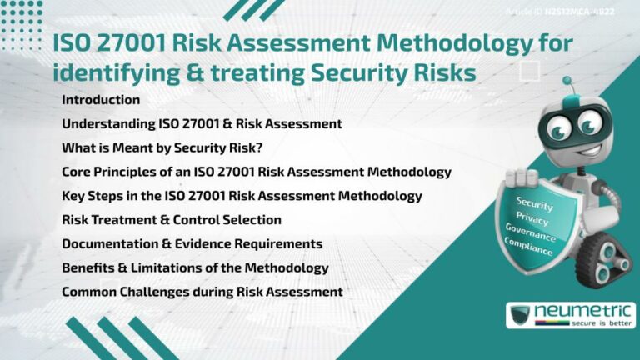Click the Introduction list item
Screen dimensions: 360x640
pyautogui.click(x=101, y=100)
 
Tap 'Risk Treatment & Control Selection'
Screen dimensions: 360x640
pyautogui.click(x=171, y=220)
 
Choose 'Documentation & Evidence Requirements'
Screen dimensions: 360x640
pyautogui.click(x=192, y=243)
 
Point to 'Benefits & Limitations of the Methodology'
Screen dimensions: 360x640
pyautogui.click(x=195, y=267)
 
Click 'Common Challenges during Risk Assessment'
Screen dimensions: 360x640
pyautogui.click(x=202, y=292)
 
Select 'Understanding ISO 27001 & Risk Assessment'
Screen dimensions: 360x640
pyautogui.click(x=202, y=123)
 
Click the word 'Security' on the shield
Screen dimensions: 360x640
pyautogui.click(x=534, y=203)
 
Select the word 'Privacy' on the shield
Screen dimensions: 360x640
pyautogui.click(x=532, y=219)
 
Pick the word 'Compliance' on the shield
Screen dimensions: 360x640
pyautogui.click(x=528, y=247)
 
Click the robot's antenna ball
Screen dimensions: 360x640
pyautogui.click(x=568, y=82)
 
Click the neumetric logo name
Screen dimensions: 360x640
pyautogui.click(x=582, y=310)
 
